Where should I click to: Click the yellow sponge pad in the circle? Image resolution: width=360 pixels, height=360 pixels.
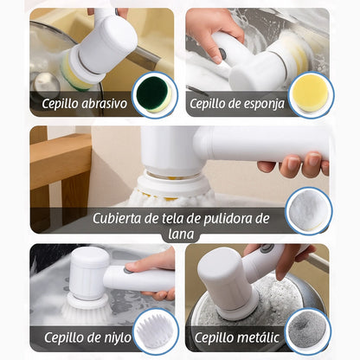point(311,93)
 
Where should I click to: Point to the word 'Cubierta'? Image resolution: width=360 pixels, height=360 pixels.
point(117,218)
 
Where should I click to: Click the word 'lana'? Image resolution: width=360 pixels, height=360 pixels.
point(181,234)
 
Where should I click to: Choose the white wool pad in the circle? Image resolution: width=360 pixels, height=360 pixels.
point(309,209)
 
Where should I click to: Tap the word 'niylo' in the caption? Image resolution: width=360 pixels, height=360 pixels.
point(116,337)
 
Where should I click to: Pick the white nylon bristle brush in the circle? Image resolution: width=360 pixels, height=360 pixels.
point(156,330)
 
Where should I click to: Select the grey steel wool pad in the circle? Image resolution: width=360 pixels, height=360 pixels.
point(308,329)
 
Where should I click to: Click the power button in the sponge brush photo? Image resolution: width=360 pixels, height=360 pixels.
point(222,52)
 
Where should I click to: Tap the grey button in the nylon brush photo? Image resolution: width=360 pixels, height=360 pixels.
point(127,270)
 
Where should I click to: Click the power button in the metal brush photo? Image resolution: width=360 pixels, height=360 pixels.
point(267,248)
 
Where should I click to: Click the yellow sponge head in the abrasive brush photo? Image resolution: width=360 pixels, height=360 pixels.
point(75,73)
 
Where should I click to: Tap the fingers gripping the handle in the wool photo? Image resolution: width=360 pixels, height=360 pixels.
point(294,165)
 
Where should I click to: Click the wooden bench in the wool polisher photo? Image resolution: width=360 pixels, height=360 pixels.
point(61,170)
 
